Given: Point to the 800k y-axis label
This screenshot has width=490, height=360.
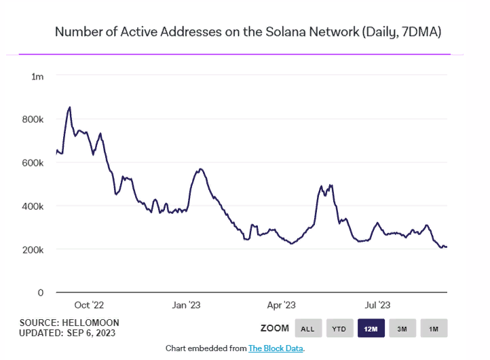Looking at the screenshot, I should pyautogui.click(x=33, y=120).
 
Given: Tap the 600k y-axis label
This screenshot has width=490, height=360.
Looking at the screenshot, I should pyautogui.click(x=33, y=163).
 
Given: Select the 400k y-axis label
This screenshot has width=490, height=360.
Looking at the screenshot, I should pyautogui.click(x=33, y=206).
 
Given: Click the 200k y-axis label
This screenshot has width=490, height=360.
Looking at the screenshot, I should pyautogui.click(x=33, y=249).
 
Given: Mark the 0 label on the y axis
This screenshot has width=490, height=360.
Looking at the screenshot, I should pyautogui.click(x=40, y=293).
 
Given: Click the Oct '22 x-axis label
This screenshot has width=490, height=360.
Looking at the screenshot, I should pyautogui.click(x=88, y=305).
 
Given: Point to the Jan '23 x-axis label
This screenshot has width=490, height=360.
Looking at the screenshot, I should pyautogui.click(x=186, y=305).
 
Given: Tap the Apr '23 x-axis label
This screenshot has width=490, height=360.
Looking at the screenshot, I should pyautogui.click(x=281, y=305).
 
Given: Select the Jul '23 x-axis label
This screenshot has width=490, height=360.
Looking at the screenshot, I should pyautogui.click(x=377, y=305).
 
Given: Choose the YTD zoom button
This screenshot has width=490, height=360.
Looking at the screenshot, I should pyautogui.click(x=339, y=329).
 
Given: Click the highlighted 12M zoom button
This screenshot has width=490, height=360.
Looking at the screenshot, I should pyautogui.click(x=371, y=329).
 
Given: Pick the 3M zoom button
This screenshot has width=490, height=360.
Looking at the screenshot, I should pyautogui.click(x=402, y=329).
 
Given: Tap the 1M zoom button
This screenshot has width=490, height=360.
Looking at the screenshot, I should pyautogui.click(x=434, y=329).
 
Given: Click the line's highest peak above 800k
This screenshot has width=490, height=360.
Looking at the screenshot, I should pyautogui.click(x=69, y=107).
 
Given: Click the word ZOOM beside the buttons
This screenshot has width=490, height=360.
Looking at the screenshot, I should pyautogui.click(x=274, y=329).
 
